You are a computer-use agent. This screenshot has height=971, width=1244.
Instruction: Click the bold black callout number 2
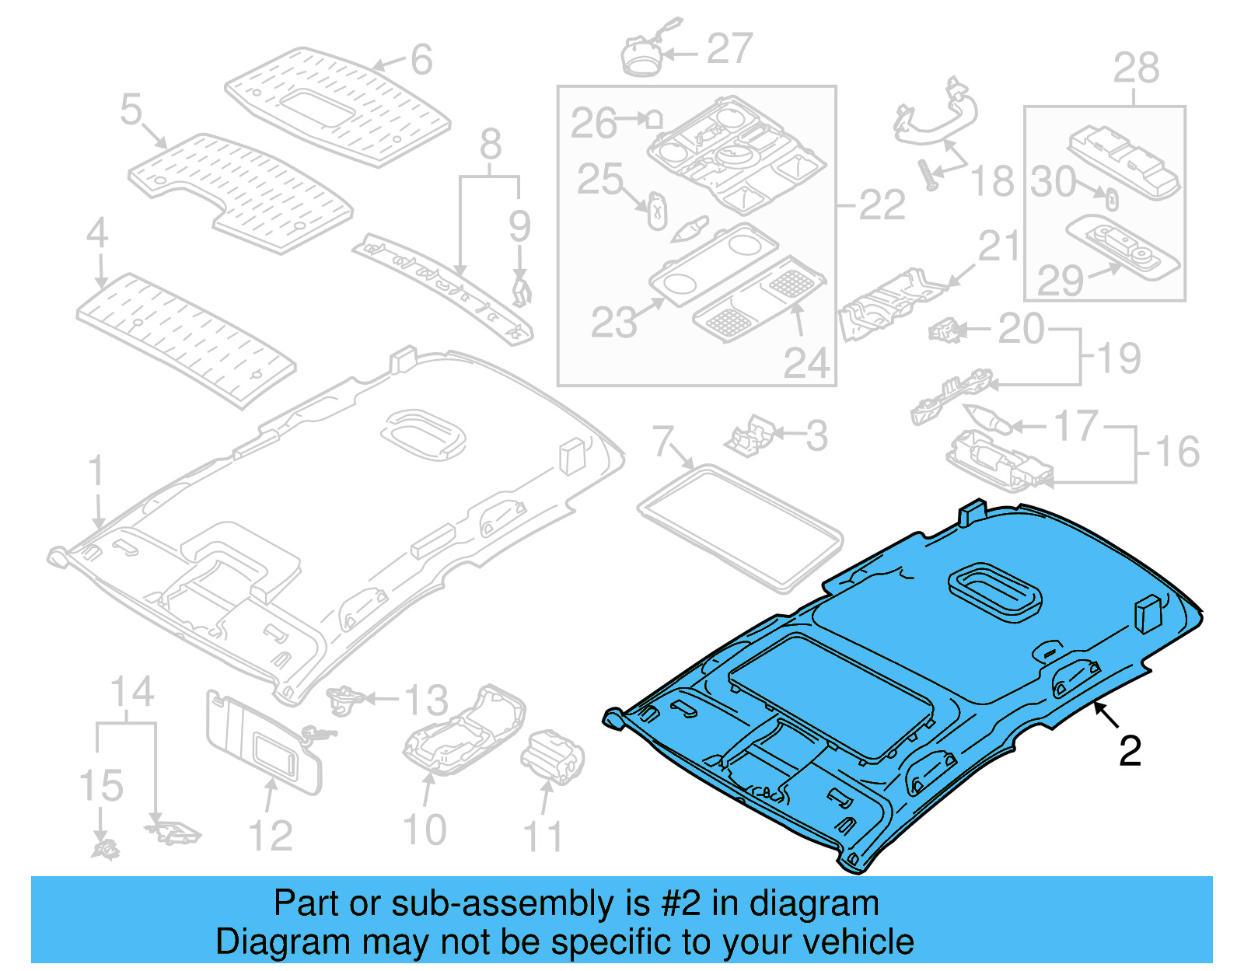point(1130,751)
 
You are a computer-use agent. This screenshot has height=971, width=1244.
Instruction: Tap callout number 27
point(729,49)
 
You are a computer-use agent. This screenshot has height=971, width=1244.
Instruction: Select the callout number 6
point(421,60)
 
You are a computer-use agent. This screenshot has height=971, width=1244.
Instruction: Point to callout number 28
point(1136,68)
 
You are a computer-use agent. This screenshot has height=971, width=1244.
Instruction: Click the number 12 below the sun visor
point(270,836)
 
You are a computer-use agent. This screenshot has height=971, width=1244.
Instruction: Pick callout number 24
point(806,363)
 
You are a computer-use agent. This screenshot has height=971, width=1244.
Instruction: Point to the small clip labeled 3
point(748,437)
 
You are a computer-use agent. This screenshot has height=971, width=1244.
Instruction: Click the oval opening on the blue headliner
point(994,592)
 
